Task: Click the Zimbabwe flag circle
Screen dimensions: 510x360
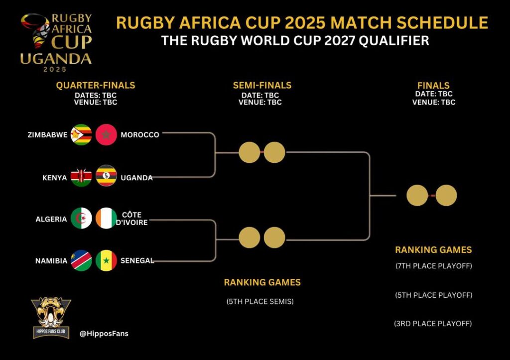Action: point(81,134)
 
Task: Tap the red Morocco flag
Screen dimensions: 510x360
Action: point(106,134)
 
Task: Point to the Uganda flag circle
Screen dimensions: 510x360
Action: point(106,176)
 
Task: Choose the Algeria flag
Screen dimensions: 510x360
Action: point(81,218)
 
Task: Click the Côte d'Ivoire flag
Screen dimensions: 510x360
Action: point(106,218)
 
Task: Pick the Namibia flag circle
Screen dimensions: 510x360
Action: point(81,260)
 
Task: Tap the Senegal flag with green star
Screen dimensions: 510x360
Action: point(106,260)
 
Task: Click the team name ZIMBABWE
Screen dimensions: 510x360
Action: point(47,134)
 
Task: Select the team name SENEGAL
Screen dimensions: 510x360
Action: point(137,260)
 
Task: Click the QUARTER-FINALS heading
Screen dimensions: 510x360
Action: point(95,85)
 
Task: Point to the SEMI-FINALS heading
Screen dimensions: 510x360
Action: point(262,85)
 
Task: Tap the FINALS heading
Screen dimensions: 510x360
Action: point(433,85)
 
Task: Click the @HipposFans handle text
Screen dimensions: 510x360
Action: point(104,333)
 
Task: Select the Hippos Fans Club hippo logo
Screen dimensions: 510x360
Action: point(51,317)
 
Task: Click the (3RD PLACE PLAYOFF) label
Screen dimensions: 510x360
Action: point(433,324)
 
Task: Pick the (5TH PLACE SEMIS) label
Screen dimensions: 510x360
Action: point(260,301)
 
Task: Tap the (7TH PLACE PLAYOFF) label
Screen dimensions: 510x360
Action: point(434,266)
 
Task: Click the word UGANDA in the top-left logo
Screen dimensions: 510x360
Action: point(56,59)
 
